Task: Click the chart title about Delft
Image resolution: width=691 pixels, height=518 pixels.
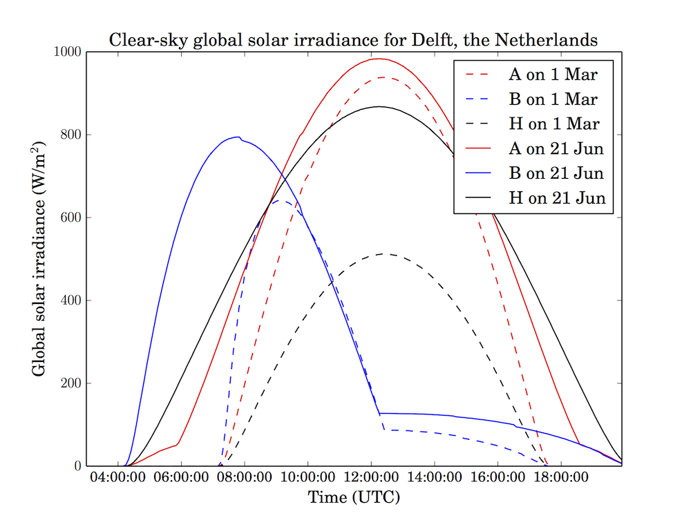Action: point(353,41)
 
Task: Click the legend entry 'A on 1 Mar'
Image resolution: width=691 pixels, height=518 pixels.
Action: point(552,74)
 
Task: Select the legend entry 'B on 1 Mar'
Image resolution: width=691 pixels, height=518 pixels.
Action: point(552,99)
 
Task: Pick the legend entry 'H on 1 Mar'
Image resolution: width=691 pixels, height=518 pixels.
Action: point(552,124)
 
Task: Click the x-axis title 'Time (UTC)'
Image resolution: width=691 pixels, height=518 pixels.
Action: point(354,497)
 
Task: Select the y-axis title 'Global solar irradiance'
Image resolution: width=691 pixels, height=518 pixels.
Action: point(39,259)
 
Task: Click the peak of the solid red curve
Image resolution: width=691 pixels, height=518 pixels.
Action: point(379,59)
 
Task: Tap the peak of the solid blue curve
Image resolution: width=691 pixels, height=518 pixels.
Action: point(237,137)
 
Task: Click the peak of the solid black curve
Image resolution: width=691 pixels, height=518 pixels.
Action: point(379,106)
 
